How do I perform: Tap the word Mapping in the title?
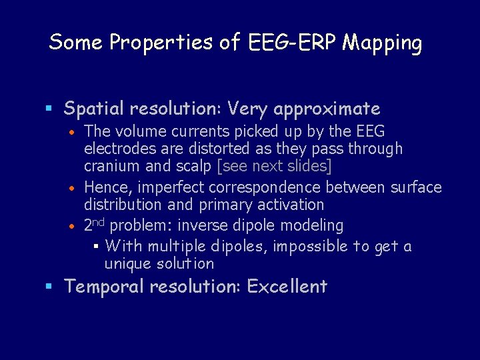tap(382, 43)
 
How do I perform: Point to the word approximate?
tap(327, 108)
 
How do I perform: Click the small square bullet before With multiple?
tap(96, 247)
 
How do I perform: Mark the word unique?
tap(127, 264)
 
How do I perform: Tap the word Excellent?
tap(287, 287)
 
